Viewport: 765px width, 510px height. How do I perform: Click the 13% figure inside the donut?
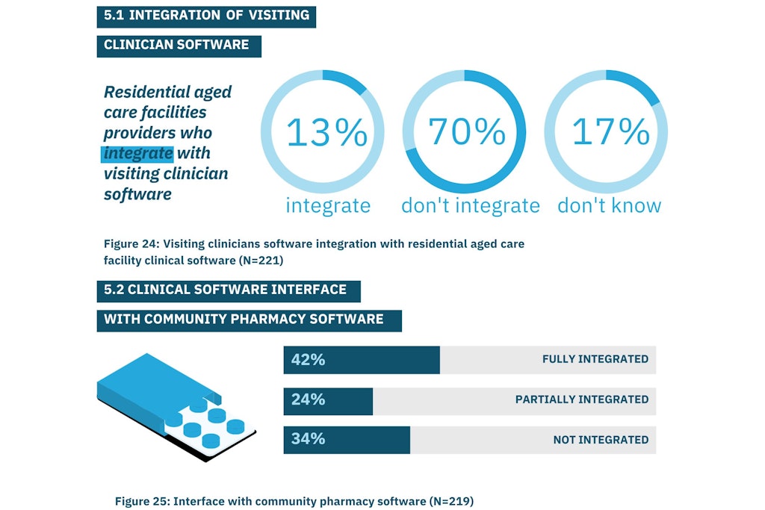pos(326,132)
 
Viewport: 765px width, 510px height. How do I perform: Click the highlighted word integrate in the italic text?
pos(138,154)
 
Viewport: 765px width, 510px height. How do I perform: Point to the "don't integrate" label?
pos(470,205)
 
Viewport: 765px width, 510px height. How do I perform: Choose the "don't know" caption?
pos(609,205)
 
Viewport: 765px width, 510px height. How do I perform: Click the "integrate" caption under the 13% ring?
pos(327,205)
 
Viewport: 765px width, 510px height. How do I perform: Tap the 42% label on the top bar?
pos(308,359)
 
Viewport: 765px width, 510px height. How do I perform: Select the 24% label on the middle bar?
pos(308,399)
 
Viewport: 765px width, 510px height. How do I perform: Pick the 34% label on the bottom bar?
pos(308,439)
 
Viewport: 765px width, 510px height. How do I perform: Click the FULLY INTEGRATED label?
pos(595,359)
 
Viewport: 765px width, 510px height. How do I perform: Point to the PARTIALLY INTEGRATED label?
pos(581,399)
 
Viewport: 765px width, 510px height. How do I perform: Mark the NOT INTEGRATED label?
pos(601,440)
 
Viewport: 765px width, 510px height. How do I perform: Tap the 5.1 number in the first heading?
pos(114,14)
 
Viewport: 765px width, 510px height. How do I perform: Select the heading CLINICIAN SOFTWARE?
pos(176,45)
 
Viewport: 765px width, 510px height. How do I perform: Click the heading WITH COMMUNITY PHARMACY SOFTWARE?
pos(244,320)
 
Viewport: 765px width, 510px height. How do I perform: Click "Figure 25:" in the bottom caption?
pos(141,501)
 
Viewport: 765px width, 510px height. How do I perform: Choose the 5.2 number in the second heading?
pos(114,290)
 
